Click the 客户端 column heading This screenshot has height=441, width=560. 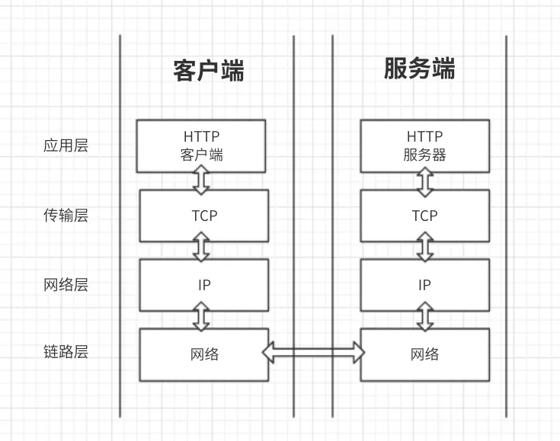pos(208,71)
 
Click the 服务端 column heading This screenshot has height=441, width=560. pos(419,69)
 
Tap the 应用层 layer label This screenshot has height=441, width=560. pos(66,145)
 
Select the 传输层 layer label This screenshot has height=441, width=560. pos(66,216)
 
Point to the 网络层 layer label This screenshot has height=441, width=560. pos(66,285)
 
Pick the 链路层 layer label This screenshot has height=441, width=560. pos(66,353)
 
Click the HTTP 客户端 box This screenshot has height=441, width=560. pos(201,145)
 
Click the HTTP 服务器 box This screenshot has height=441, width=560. pos(424,145)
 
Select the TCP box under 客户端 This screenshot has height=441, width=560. pos(203,216)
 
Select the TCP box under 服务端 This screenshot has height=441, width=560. pos(424,216)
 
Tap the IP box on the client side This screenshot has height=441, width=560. pos(203,285)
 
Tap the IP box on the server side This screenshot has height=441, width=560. pos(424,285)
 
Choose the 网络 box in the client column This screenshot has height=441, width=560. pos(203,354)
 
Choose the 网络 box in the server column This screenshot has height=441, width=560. pos(424,354)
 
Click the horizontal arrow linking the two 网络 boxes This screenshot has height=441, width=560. pos(314,351)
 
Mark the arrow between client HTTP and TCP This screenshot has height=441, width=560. pos(202,180)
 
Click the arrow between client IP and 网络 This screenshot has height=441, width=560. pos(202,316)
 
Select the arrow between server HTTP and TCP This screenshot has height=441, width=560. pos(425,180)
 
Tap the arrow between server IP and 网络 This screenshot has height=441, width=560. pos(425,316)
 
